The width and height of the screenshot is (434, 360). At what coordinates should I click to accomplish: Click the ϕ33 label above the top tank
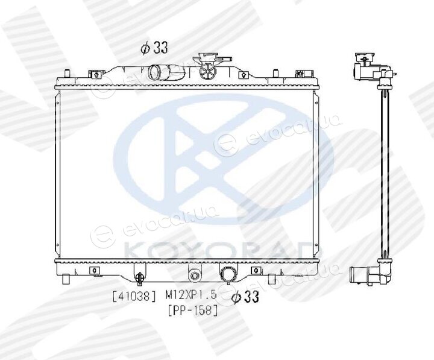tap(154, 48)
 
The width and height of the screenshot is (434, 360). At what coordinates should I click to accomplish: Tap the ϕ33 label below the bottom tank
tap(245, 297)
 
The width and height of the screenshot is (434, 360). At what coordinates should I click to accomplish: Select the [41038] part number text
tap(134, 296)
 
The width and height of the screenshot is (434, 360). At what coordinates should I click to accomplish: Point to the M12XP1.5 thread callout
tap(190, 295)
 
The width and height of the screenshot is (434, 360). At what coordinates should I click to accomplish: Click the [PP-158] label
tap(193, 310)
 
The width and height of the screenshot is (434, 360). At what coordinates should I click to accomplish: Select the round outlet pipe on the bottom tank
tap(228, 275)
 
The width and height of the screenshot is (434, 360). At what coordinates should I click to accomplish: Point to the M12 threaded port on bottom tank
tap(195, 276)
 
